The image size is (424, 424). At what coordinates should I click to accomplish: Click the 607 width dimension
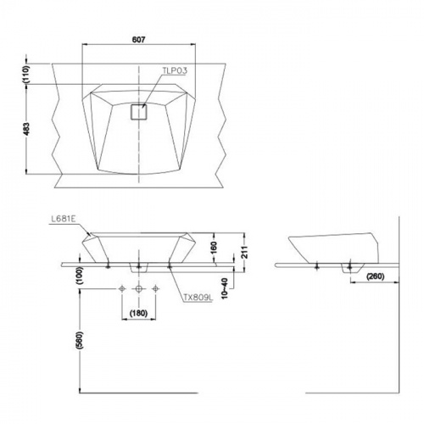138,40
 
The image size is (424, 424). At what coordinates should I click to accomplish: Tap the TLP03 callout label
175,70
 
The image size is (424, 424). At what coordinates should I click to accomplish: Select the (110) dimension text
26,74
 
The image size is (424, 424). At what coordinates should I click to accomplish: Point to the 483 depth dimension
26,129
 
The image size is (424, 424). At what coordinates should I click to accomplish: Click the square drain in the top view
139,112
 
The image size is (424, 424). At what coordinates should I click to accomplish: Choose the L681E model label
63,220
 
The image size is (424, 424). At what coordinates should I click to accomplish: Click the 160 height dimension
214,247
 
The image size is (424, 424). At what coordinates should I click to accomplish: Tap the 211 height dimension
245,252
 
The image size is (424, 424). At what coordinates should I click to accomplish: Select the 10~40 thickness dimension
225,288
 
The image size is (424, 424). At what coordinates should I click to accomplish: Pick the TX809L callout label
198,298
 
